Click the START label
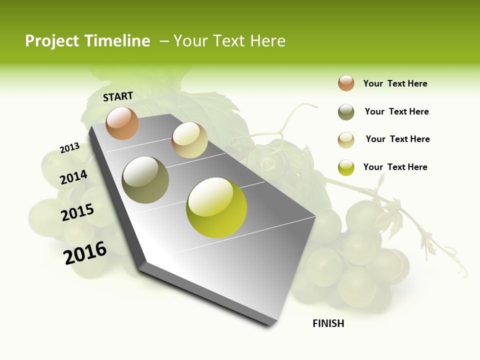tap(118, 96)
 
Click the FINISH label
tap(328, 323)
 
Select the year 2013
tap(70, 147)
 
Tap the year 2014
tap(74, 177)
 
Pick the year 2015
tap(77, 212)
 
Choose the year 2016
tap(85, 253)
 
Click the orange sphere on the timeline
tap(122, 123)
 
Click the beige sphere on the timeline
tap(189, 140)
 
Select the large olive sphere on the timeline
tap(145, 179)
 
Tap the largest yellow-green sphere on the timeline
tap(216, 207)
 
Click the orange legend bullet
tap(346, 83)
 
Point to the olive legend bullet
tap(346, 112)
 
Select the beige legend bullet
tap(346, 140)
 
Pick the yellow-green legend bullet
tap(346, 167)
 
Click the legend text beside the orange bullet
tap(395, 83)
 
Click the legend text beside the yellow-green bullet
tap(395, 167)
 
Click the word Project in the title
tap(52, 41)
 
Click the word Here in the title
tap(267, 41)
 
